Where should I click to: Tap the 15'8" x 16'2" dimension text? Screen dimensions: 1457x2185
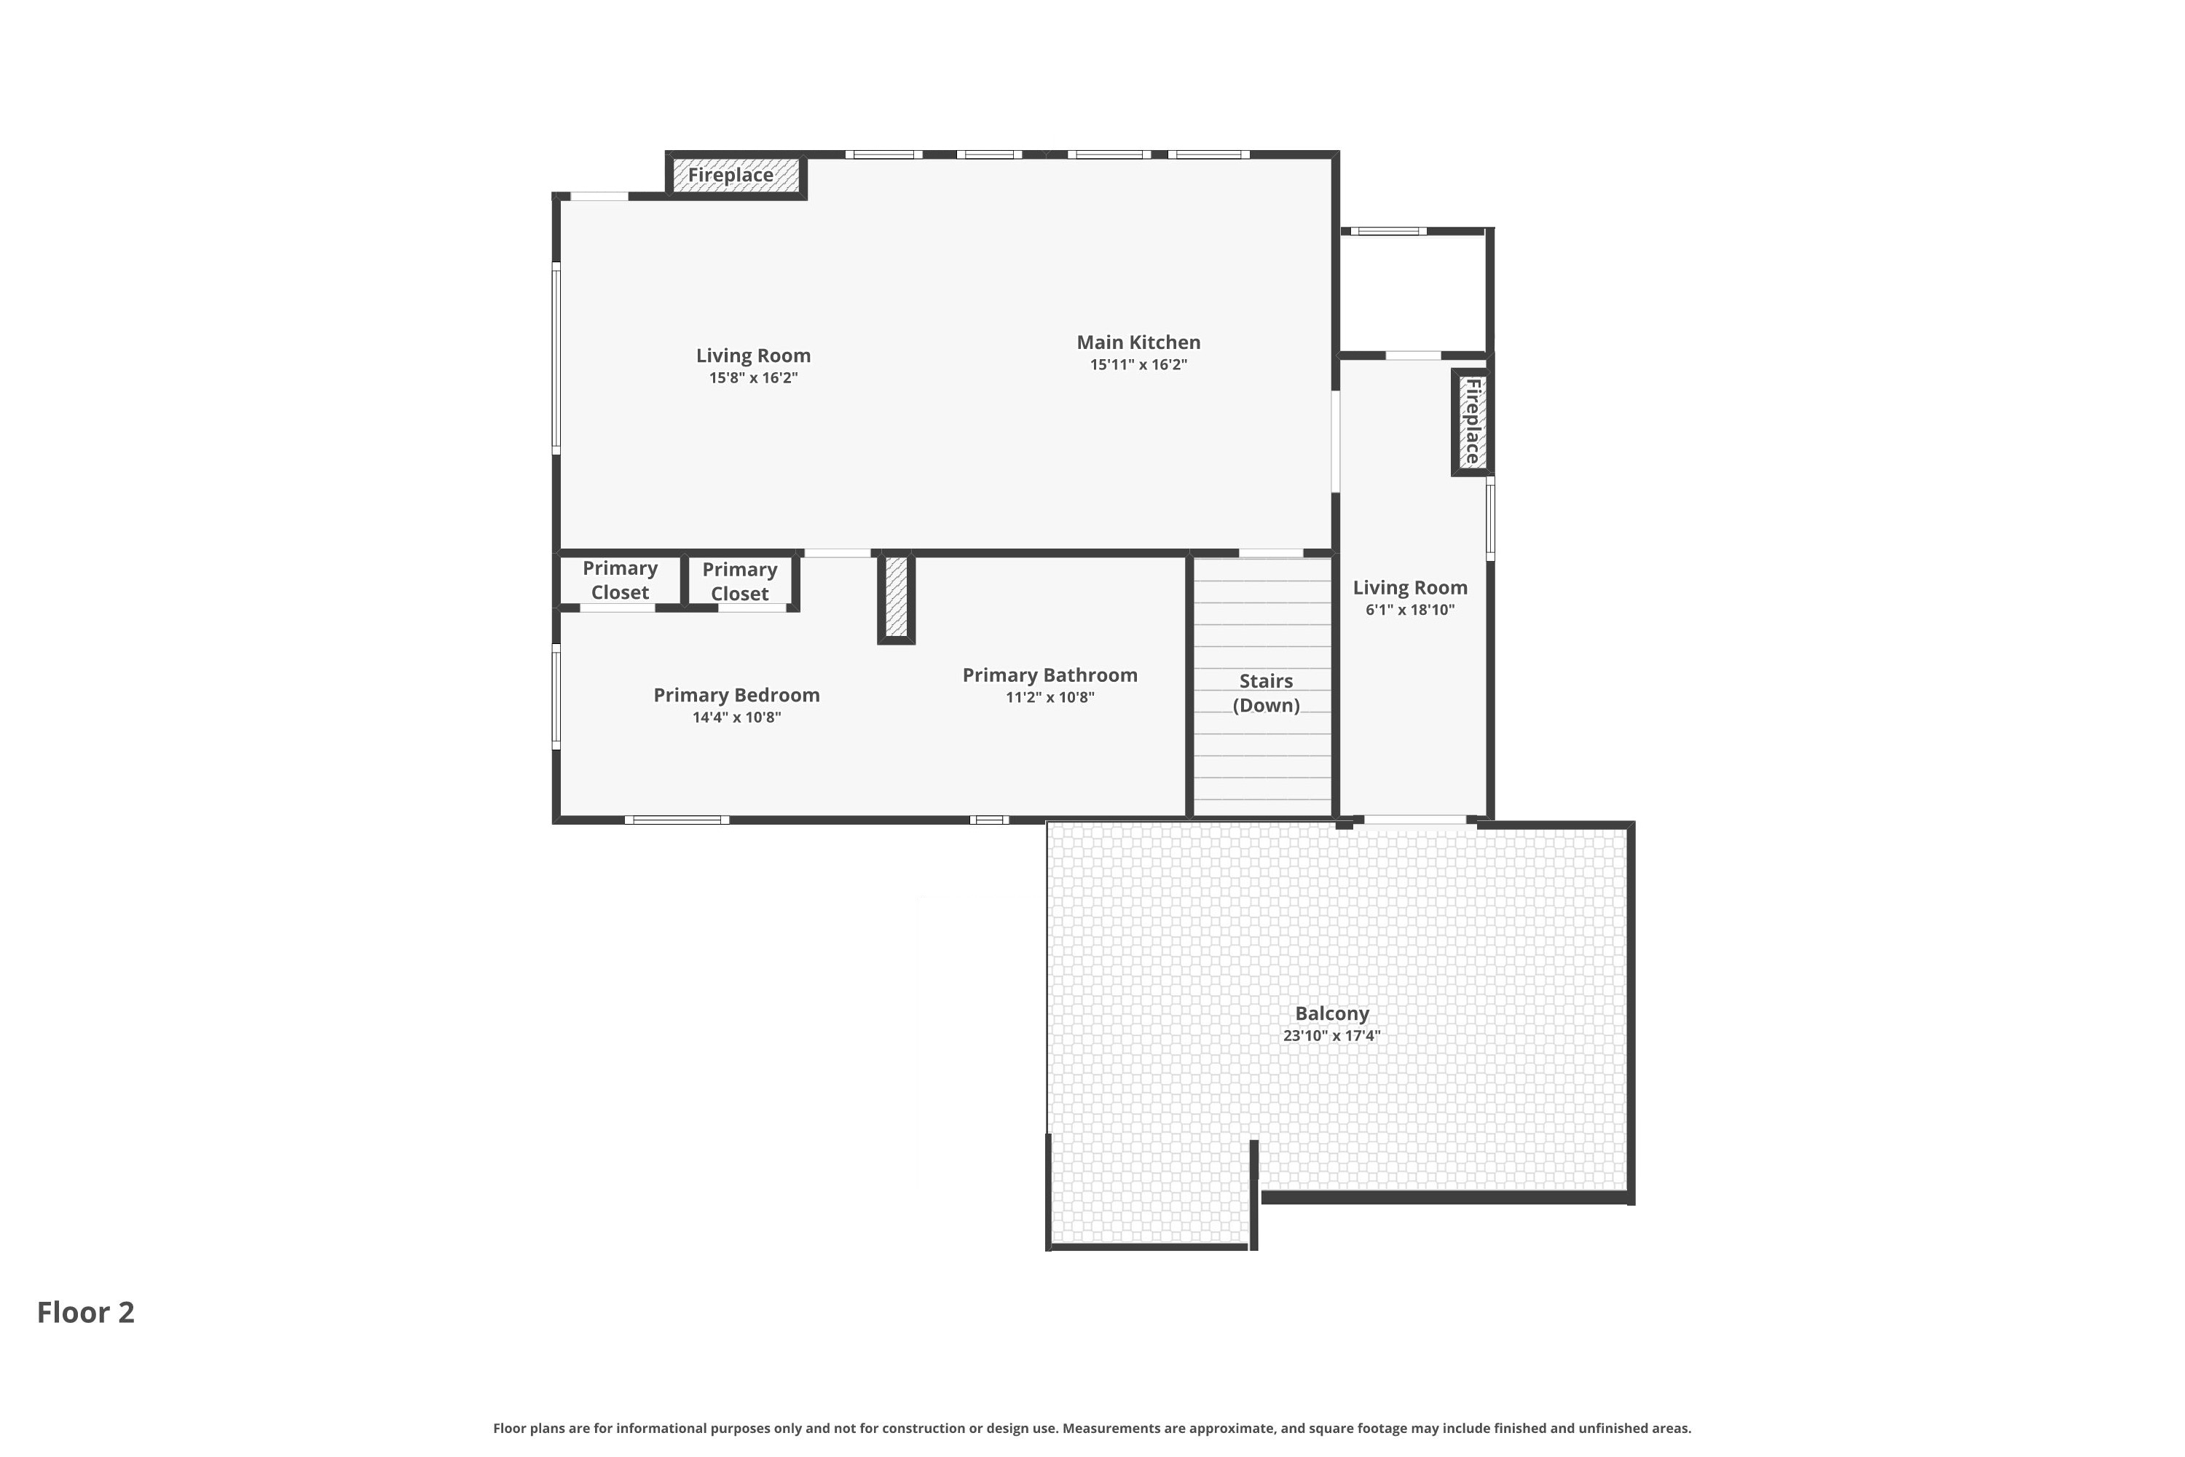[753, 378]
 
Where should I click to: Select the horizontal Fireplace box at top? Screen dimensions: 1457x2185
[735, 176]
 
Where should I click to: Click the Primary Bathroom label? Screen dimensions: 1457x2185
[1050, 675]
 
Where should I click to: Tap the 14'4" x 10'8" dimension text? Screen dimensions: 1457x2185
[736, 718]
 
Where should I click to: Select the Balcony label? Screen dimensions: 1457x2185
[1331, 1014]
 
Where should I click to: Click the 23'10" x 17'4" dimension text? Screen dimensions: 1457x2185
[1331, 1036]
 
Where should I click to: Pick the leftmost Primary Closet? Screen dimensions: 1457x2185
[620, 580]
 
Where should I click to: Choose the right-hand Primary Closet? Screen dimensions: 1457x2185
[739, 581]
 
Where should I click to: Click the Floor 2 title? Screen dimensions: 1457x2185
[85, 1312]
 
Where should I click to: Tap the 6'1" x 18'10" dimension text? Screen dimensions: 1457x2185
[1409, 610]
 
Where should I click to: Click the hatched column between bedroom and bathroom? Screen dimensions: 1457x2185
[897, 597]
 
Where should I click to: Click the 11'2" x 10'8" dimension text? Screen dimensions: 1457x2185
[1050, 698]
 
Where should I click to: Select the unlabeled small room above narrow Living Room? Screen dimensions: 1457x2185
[1413, 293]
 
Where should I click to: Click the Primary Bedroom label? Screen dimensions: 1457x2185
[736, 695]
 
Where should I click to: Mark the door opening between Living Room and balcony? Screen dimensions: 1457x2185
[1414, 820]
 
